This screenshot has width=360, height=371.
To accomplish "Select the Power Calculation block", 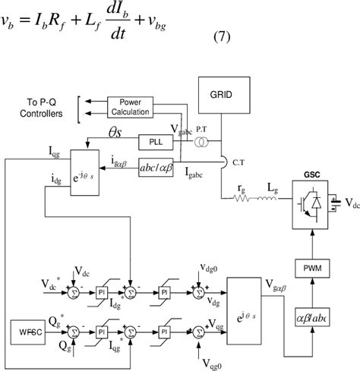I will (131, 108).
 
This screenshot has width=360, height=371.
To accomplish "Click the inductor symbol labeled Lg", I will (267, 199).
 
